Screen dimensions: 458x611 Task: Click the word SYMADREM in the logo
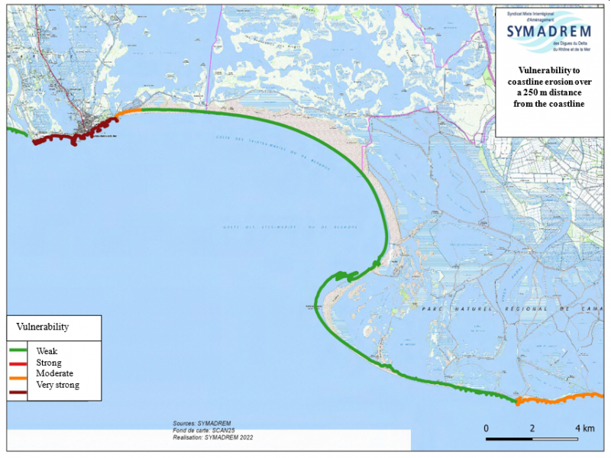tap(548, 31)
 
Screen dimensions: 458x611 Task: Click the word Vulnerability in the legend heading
tap(43, 327)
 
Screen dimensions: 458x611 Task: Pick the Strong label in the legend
tap(48, 363)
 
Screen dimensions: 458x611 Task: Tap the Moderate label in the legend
tap(54, 374)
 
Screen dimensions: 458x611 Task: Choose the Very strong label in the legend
tap(57, 385)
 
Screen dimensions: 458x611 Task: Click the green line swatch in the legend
tap(18, 352)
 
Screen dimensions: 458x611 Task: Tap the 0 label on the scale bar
tap(487, 427)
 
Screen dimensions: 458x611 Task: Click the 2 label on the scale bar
tap(532, 427)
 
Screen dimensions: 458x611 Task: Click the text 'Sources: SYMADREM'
tap(202, 423)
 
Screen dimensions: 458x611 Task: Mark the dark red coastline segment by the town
tap(69, 138)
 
